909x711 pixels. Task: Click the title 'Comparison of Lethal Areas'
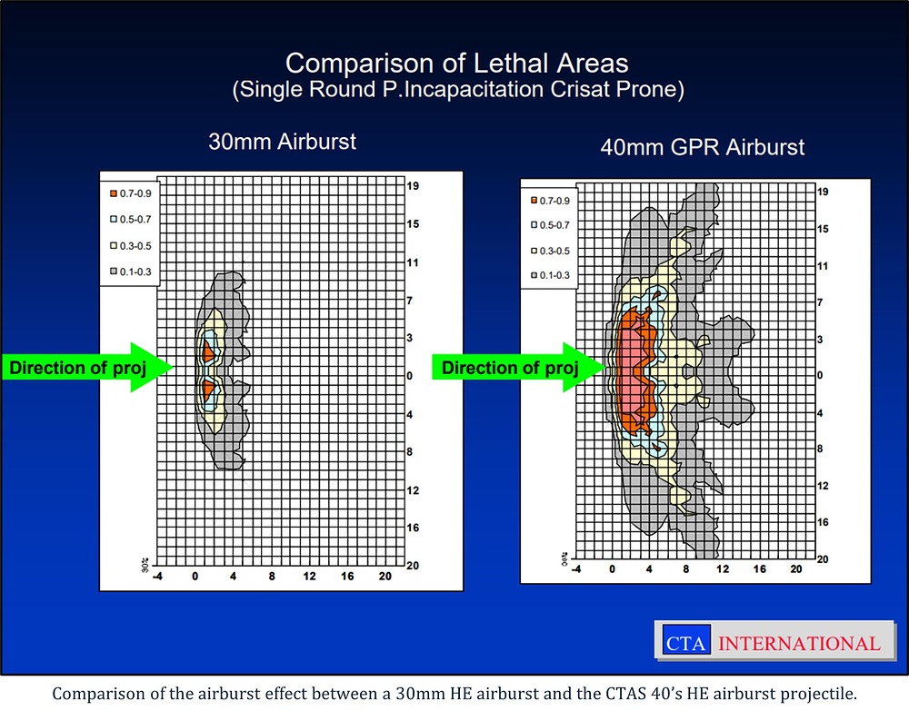click(x=457, y=64)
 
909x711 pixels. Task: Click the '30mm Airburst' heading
click(x=283, y=142)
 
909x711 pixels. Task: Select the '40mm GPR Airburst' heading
click(x=703, y=147)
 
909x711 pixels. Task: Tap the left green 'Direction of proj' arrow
click(x=87, y=367)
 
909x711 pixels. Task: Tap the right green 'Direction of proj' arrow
click(x=519, y=367)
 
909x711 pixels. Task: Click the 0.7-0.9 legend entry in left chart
click(x=130, y=193)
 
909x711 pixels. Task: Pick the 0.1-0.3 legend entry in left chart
click(x=130, y=272)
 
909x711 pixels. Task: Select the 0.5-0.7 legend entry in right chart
click(x=550, y=225)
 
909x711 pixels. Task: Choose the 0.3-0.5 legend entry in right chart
click(x=550, y=251)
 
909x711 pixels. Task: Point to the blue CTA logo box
click(x=686, y=640)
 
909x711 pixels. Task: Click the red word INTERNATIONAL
click(x=799, y=643)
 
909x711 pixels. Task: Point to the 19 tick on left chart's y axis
click(x=413, y=186)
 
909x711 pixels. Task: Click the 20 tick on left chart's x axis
click(x=385, y=576)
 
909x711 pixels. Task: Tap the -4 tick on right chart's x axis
click(x=576, y=569)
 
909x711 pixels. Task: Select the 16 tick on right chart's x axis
click(x=759, y=569)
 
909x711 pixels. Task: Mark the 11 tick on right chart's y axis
click(x=823, y=266)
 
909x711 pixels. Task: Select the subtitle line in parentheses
click(x=458, y=90)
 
